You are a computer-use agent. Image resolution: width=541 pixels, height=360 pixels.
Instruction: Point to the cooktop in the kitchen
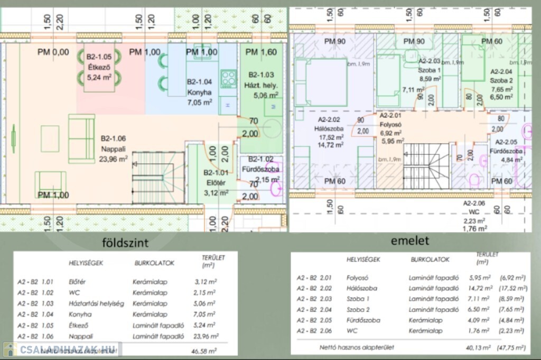point(228,79)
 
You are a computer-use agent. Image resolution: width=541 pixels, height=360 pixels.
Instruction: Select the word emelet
point(410,241)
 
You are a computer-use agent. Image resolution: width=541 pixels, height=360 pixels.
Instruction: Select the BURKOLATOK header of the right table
point(430,260)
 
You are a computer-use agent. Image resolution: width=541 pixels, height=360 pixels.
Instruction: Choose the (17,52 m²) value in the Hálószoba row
point(514,288)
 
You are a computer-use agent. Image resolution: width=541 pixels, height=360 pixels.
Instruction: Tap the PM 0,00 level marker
point(53,52)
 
